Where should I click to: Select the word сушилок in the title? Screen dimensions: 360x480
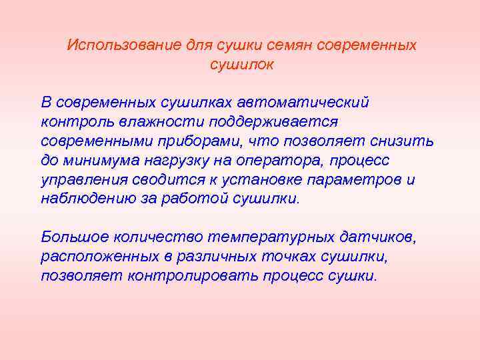click(x=242, y=65)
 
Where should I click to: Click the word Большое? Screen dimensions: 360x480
click(x=71, y=237)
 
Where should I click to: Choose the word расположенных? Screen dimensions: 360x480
click(x=90, y=257)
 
